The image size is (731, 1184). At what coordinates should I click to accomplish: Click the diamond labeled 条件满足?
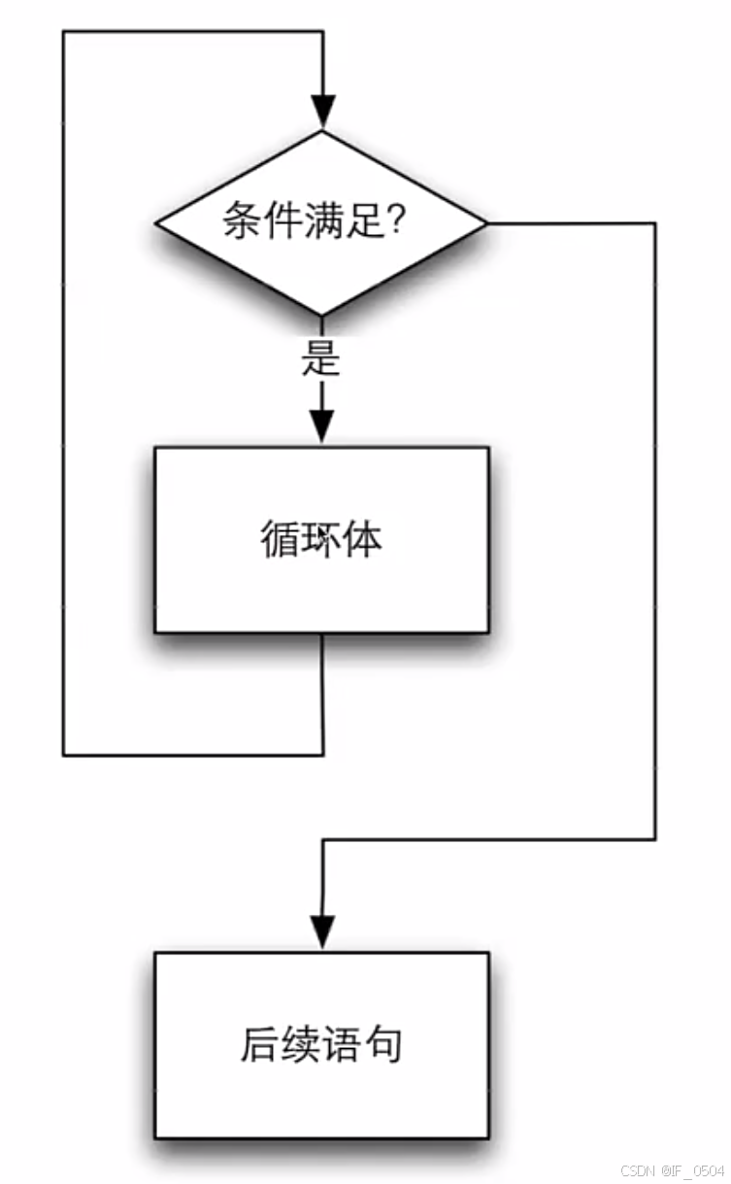pyautogui.click(x=321, y=223)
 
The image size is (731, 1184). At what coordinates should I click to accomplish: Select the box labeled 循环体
pyautogui.click(x=321, y=540)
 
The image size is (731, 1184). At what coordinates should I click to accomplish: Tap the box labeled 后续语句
pyautogui.click(x=321, y=1045)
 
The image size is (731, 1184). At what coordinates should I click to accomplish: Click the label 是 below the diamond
pyautogui.click(x=320, y=358)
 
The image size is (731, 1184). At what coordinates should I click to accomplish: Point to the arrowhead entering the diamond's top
pyautogui.click(x=322, y=112)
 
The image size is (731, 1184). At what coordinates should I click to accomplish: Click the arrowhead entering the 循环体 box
pyautogui.click(x=321, y=427)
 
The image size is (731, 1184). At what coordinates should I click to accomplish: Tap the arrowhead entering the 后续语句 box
pyautogui.click(x=321, y=931)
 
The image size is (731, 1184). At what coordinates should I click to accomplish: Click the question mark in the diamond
pyautogui.click(x=396, y=222)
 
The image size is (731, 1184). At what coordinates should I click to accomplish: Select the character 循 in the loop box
pyautogui.click(x=280, y=539)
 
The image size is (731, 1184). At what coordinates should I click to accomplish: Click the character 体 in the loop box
pyautogui.click(x=362, y=539)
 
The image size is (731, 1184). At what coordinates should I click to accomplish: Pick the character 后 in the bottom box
pyautogui.click(x=259, y=1045)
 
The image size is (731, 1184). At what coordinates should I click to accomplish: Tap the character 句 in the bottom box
pyautogui.click(x=382, y=1045)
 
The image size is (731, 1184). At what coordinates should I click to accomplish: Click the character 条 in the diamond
pyautogui.click(x=242, y=222)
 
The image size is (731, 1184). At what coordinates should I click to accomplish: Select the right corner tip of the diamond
pyautogui.click(x=485, y=223)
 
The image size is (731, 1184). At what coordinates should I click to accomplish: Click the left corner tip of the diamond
pyautogui.click(x=157, y=223)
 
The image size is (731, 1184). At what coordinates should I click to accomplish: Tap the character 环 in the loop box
pyautogui.click(x=320, y=539)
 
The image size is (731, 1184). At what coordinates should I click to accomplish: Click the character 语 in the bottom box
pyautogui.click(x=342, y=1045)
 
